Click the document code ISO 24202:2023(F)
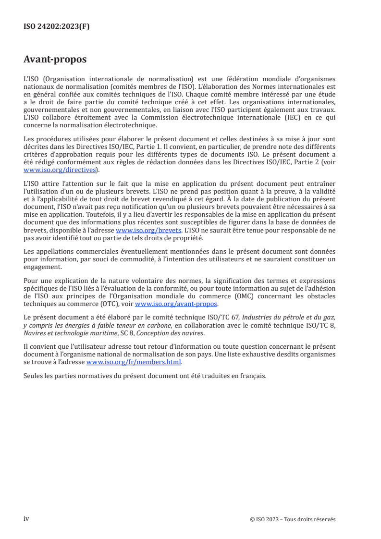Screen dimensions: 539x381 tap(56, 27)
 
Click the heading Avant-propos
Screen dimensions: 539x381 tap(55, 60)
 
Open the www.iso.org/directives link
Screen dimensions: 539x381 tap(60, 170)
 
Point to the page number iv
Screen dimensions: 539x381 tap(26, 518)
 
